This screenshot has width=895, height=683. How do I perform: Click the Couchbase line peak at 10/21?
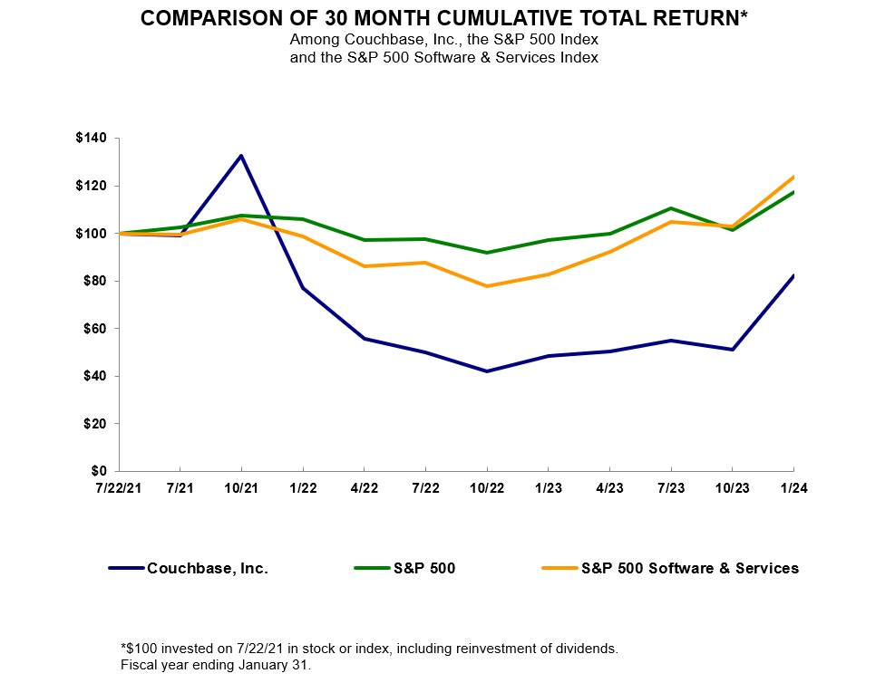(x=241, y=156)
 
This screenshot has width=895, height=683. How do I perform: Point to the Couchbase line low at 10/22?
(x=487, y=371)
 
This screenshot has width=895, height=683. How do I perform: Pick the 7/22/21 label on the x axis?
(x=118, y=488)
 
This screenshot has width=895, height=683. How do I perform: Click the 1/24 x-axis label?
(x=793, y=488)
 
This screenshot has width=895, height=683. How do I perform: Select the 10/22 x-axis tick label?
(x=487, y=488)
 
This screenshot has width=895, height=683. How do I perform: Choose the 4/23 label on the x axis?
(x=609, y=488)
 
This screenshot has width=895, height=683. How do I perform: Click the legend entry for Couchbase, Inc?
(x=208, y=569)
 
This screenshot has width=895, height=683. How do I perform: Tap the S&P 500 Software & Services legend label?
(x=689, y=569)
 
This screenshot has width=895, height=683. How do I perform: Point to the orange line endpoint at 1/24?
(x=793, y=177)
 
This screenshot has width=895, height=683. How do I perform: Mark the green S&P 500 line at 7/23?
(x=671, y=208)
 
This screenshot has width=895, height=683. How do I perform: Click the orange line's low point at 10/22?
(x=487, y=286)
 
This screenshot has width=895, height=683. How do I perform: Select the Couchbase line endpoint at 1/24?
(x=793, y=275)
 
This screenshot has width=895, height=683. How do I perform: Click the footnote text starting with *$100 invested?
(x=369, y=649)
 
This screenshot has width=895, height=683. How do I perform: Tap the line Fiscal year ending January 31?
(x=215, y=665)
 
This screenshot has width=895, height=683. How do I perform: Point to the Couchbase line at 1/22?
(x=303, y=288)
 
